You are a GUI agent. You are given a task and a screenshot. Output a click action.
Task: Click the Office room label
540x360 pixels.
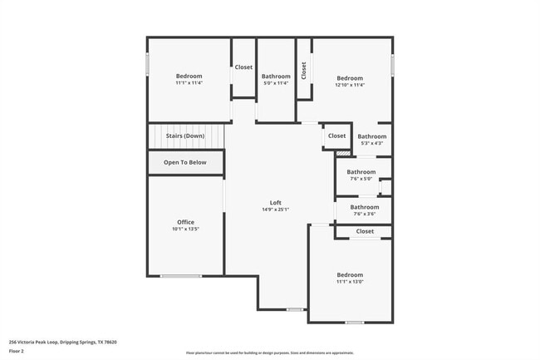click(x=185, y=222)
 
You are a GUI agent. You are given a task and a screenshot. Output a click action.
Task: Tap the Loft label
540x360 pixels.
click(x=276, y=203)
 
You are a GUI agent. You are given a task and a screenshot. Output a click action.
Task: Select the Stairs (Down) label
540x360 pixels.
click(x=185, y=136)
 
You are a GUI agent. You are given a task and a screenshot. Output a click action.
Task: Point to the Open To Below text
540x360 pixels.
click(x=185, y=162)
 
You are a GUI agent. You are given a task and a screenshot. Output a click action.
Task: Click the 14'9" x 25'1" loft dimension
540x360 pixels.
click(x=276, y=210)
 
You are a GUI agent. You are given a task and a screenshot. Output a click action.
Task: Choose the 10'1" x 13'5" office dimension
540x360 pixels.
click(x=185, y=229)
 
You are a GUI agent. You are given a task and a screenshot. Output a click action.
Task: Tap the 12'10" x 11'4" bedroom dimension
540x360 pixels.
click(x=350, y=85)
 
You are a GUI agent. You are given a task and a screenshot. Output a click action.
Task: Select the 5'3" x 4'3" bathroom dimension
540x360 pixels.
click(x=371, y=143)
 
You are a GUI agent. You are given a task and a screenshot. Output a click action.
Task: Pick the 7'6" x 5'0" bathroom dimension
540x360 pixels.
click(x=361, y=179)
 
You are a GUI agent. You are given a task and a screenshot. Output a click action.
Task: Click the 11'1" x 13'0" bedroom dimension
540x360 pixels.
click(x=350, y=282)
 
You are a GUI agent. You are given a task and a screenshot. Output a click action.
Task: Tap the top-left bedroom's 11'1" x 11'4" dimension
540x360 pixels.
click(x=189, y=83)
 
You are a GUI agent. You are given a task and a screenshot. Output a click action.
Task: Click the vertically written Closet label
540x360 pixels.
click(x=304, y=71)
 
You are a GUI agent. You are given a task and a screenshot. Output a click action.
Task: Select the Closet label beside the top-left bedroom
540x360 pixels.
click(x=243, y=67)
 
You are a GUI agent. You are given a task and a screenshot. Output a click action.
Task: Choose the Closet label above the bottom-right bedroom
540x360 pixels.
click(x=365, y=231)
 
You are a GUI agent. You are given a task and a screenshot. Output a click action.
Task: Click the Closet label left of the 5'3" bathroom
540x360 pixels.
click(x=336, y=136)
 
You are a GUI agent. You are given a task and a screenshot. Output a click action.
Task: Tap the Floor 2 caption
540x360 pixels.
click(x=17, y=352)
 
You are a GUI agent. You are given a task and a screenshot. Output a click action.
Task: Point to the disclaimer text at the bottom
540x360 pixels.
click(x=269, y=353)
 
